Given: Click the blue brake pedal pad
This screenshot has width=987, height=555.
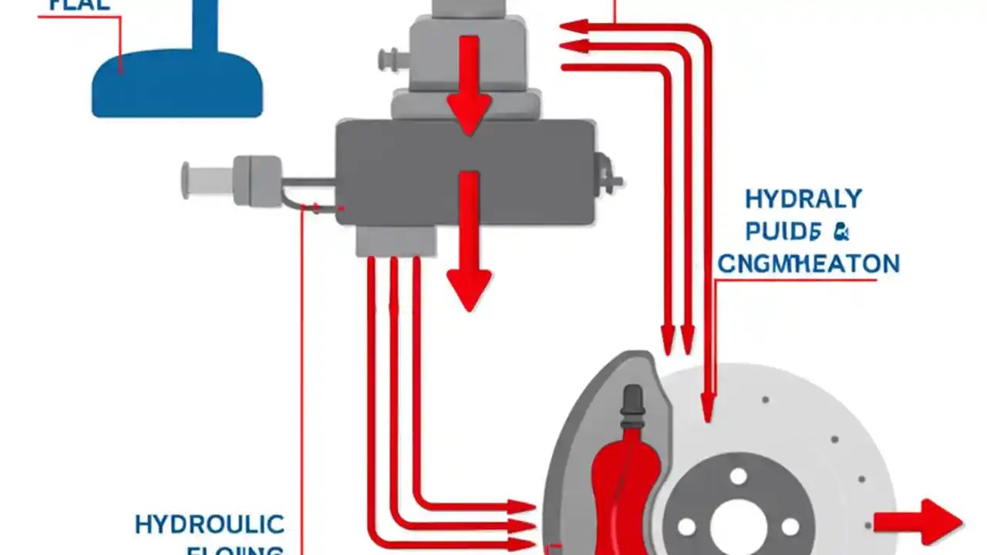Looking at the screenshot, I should [177, 85].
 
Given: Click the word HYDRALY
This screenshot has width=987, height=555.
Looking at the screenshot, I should [803, 199].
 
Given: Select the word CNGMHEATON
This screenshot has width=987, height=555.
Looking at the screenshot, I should [809, 264].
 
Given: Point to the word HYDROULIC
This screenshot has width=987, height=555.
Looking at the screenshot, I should [209, 525].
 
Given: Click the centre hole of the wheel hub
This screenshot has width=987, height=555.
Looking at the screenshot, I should [737, 526].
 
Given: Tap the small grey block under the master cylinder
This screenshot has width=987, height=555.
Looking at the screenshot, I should [396, 241].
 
